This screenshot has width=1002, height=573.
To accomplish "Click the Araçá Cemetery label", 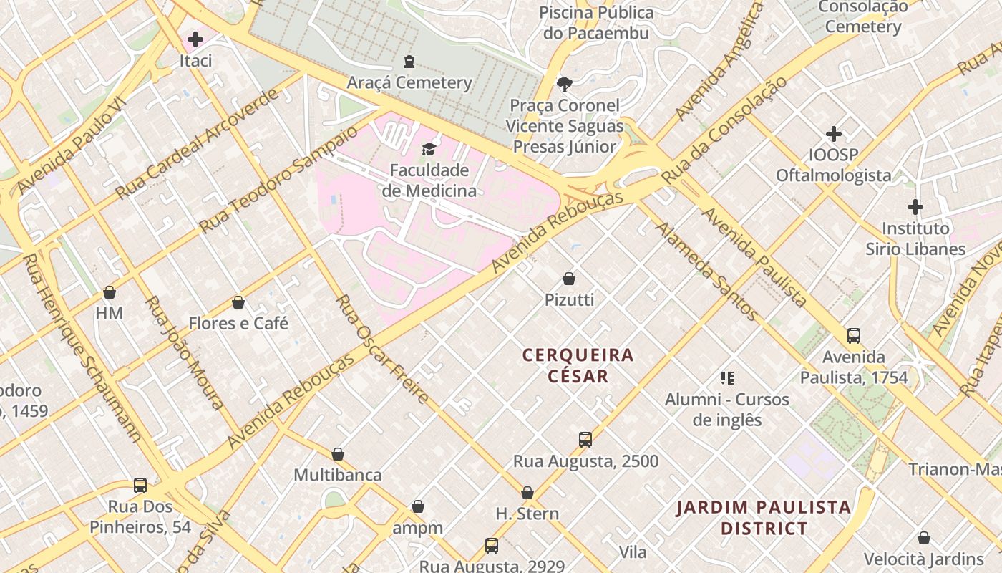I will (x=409, y=82).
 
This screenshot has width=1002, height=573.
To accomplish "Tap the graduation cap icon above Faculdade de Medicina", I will (x=429, y=149).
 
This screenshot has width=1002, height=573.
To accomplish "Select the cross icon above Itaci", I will (x=195, y=39).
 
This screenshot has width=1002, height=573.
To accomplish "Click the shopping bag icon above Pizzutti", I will (x=569, y=279).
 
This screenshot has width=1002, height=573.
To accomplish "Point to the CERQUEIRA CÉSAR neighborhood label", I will (x=578, y=365).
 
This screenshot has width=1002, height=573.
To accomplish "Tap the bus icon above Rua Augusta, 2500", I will (x=585, y=440).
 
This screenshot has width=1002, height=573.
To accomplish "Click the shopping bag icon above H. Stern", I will (x=527, y=493).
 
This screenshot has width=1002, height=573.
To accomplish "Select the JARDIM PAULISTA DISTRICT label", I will (x=764, y=518).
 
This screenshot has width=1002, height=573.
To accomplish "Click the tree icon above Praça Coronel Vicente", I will (x=565, y=85).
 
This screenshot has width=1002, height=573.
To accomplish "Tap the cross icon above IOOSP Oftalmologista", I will (x=833, y=134).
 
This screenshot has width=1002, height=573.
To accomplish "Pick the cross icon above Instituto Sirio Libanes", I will (x=915, y=208).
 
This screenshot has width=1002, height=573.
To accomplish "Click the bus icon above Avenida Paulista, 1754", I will (x=853, y=335).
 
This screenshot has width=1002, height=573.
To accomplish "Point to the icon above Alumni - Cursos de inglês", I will (x=727, y=377).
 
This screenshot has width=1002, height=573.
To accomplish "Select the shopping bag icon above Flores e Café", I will (x=238, y=302).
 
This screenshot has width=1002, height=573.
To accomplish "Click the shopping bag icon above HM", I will (x=110, y=292).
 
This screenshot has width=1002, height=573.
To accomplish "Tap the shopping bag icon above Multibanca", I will (x=338, y=454).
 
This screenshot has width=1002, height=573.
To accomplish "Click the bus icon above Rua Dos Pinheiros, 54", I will (x=140, y=486).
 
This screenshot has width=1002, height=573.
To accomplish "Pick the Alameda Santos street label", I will (x=706, y=271).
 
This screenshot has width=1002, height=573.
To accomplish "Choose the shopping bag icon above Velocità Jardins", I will (x=923, y=538).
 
